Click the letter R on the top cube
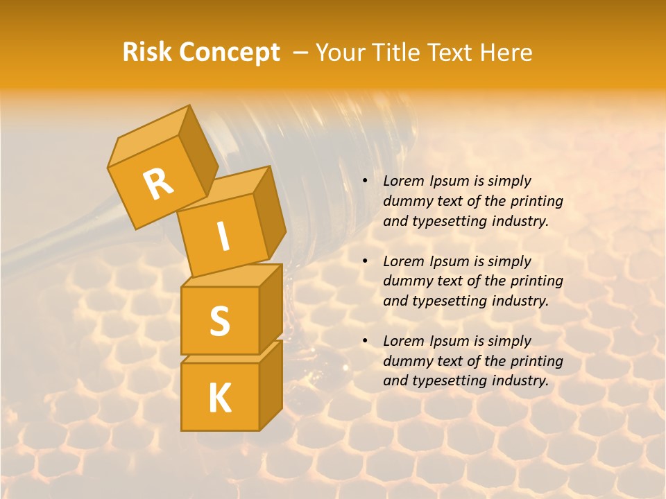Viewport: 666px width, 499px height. click(x=158, y=184)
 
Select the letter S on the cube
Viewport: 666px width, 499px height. click(x=219, y=321)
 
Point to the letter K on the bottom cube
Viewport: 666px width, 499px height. click(x=219, y=398)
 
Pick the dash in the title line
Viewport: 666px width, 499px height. click(x=301, y=53)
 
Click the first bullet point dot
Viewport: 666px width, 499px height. click(x=365, y=181)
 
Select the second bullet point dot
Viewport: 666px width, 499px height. click(x=365, y=261)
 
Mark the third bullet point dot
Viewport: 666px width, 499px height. click(x=365, y=341)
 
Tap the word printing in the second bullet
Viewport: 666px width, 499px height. click(x=534, y=281)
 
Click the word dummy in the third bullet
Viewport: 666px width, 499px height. click(x=405, y=361)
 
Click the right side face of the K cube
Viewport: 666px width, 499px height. click(x=271, y=385)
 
